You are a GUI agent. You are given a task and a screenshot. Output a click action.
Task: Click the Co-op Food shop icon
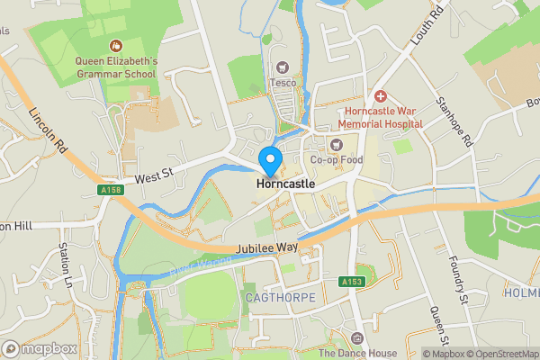pyautogui.click(x=337, y=144)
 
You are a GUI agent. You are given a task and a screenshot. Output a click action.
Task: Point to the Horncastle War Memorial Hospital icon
pyautogui.click(x=380, y=95)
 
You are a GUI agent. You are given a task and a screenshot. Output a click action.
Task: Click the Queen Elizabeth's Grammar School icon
pyautogui.click(x=116, y=45)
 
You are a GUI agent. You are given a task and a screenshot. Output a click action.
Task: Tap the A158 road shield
pyautogui.click(x=112, y=190)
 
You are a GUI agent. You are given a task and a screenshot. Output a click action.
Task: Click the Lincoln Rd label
pyautogui.click(x=48, y=131)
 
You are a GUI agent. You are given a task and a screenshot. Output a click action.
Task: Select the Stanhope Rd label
pyautogui.click(x=454, y=122)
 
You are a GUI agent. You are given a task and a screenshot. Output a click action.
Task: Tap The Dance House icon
pyautogui.click(x=357, y=338)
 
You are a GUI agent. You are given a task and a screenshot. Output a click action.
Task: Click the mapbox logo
pyautogui.click(x=40, y=348)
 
